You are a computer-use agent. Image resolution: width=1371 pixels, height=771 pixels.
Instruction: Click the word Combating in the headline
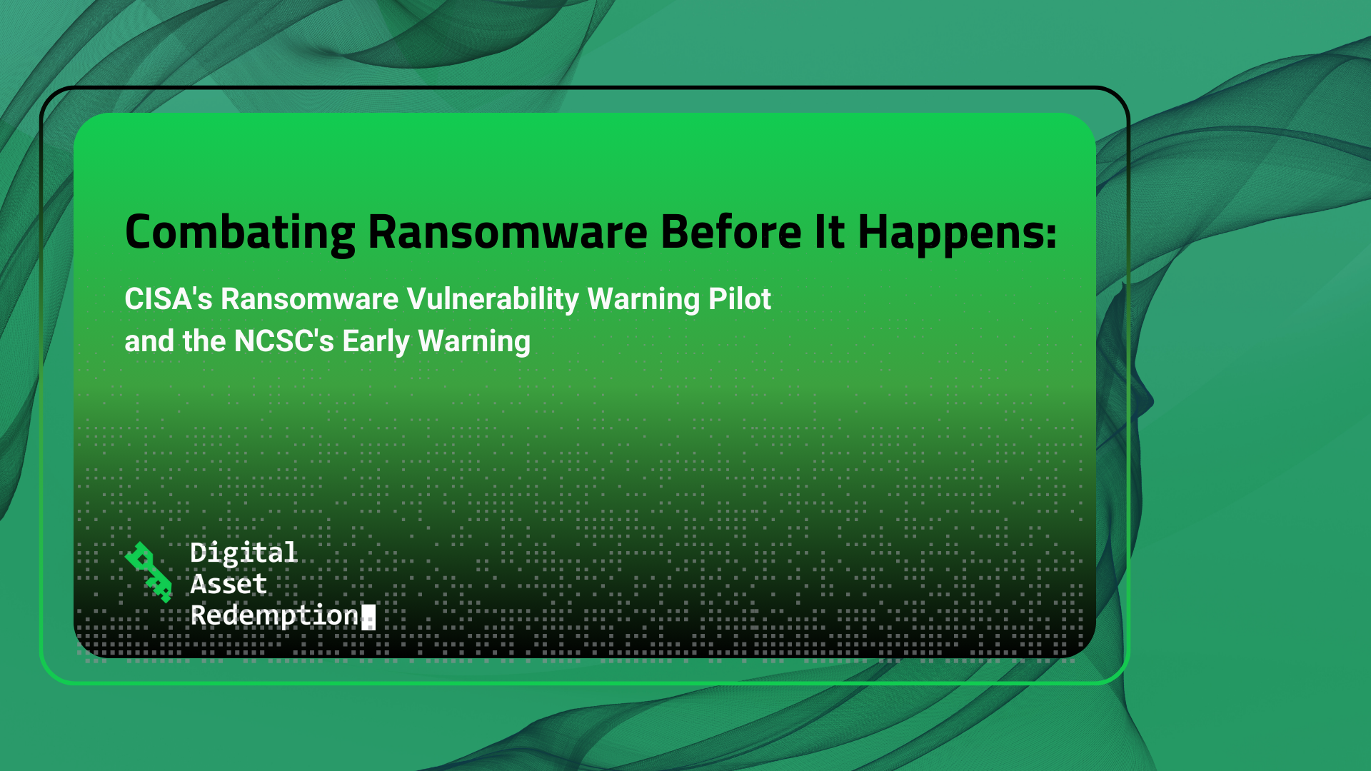click(x=240, y=233)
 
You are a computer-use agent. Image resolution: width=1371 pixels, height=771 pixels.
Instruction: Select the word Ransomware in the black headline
click(x=508, y=233)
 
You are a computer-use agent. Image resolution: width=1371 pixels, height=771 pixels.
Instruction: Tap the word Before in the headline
click(x=731, y=233)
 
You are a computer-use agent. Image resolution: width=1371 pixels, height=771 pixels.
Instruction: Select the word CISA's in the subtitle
click(x=169, y=299)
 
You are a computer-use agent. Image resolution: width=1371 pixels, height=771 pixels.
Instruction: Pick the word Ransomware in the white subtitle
click(x=310, y=299)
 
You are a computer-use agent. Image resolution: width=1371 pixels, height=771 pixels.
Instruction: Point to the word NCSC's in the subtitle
click(x=284, y=341)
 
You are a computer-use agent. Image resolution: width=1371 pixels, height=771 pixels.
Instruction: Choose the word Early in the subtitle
click(x=376, y=341)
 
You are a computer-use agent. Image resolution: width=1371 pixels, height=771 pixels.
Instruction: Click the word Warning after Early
click(x=474, y=341)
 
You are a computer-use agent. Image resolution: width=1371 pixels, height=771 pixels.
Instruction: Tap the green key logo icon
click(x=149, y=572)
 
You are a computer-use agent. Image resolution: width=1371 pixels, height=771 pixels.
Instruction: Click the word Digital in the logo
click(x=243, y=553)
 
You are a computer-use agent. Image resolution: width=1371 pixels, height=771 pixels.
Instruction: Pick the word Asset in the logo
click(x=228, y=584)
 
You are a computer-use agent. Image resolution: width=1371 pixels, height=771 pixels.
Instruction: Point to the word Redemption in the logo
click(x=275, y=615)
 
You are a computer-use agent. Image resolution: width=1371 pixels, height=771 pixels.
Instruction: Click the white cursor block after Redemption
click(x=368, y=617)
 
